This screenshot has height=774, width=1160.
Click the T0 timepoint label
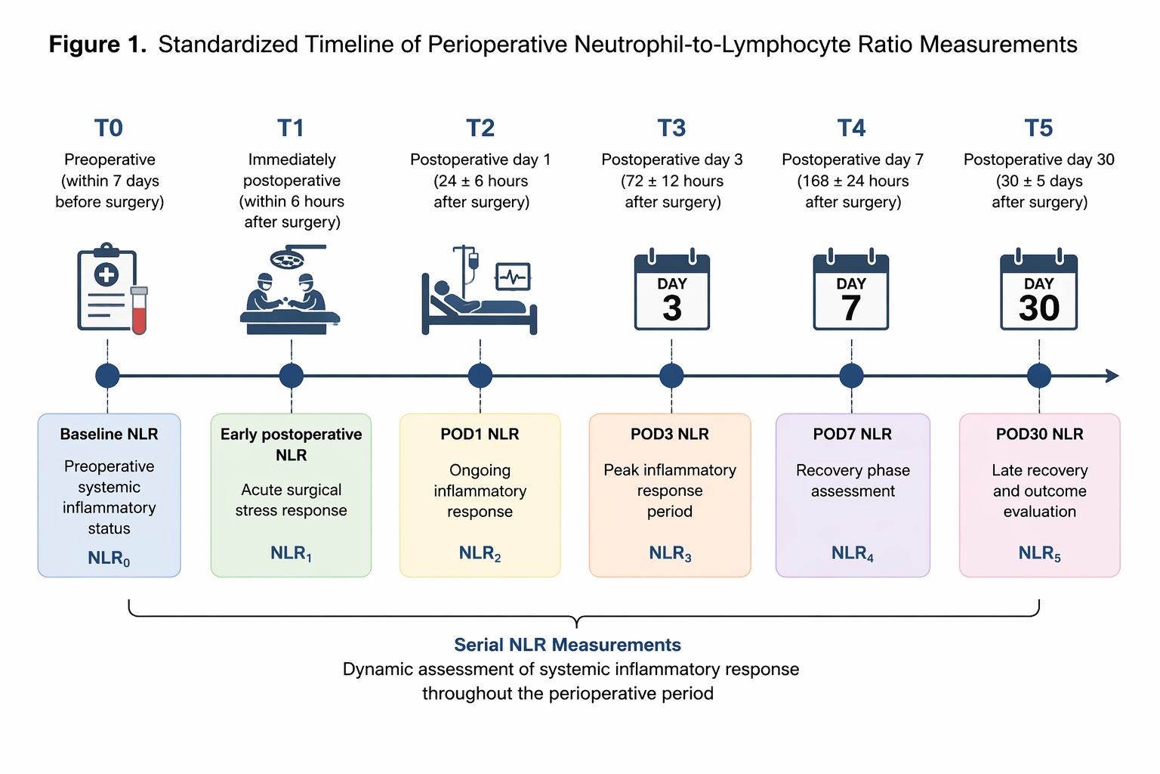(x=108, y=128)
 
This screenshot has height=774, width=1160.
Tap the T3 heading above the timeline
(x=671, y=128)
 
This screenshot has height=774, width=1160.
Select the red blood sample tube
(x=139, y=311)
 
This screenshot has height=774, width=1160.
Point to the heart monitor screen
(x=513, y=277)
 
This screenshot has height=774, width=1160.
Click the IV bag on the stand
(x=473, y=260)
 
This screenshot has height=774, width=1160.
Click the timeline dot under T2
(x=480, y=376)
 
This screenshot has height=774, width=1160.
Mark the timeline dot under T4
(x=851, y=376)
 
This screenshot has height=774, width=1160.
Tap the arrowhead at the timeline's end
(x=1112, y=376)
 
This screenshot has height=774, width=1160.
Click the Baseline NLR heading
(x=109, y=434)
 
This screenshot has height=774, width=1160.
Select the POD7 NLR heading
(x=853, y=434)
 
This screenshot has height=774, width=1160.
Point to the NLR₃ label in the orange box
(x=670, y=554)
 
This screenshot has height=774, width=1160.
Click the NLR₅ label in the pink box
(x=1039, y=554)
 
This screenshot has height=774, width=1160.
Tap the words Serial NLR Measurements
(x=568, y=645)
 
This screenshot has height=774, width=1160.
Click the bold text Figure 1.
(x=98, y=45)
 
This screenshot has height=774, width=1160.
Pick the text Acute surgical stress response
(x=291, y=500)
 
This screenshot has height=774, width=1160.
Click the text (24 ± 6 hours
(x=480, y=181)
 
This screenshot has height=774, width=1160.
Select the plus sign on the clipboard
(x=106, y=275)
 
